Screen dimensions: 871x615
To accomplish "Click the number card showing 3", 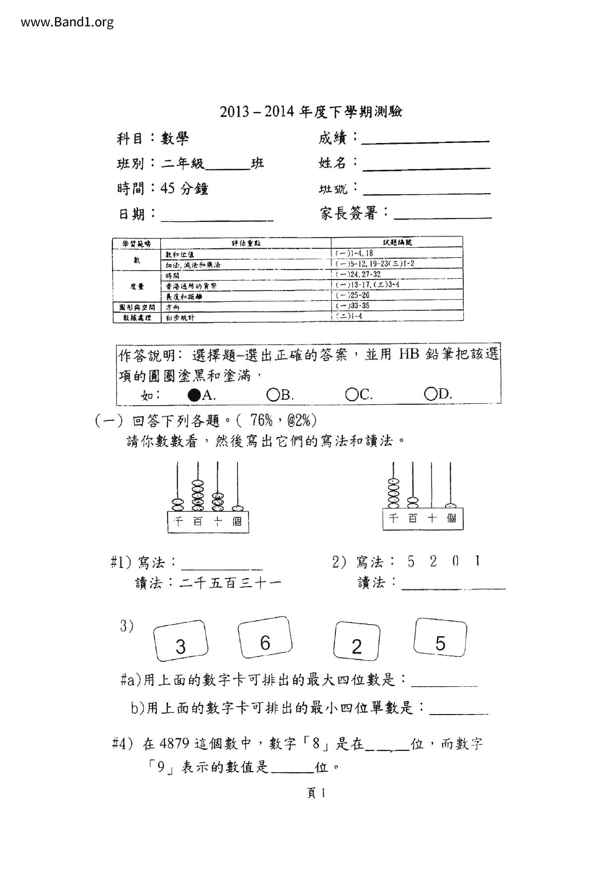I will (x=181, y=641).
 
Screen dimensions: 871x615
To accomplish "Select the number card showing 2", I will (x=357, y=642).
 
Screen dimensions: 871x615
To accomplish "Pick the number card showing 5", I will (x=440, y=639).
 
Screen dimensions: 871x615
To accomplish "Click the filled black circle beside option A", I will (x=194, y=395).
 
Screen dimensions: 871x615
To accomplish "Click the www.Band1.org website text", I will (x=67, y=22).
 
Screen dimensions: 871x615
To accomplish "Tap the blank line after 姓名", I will (x=427, y=167).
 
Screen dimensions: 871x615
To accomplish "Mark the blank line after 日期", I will (x=217, y=218).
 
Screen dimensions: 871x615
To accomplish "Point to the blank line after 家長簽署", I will (x=442, y=216).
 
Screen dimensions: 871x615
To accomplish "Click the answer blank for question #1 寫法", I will (x=222, y=567).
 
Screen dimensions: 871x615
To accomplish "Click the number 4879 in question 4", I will (x=175, y=744).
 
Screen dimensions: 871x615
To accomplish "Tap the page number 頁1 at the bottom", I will (x=316, y=793).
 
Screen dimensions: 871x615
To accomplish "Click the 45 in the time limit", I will (x=168, y=189).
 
